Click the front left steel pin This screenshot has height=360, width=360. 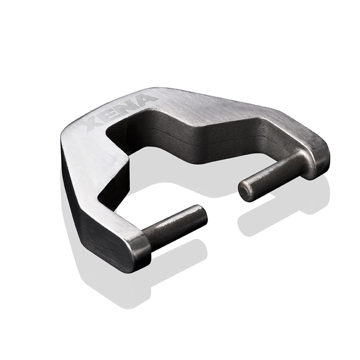[176, 226]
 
